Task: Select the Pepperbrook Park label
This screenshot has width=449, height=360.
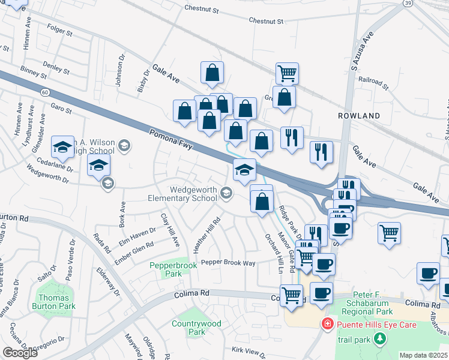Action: tap(165, 269)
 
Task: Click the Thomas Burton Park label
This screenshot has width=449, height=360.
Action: tap(56, 302)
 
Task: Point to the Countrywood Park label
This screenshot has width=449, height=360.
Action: tap(196, 328)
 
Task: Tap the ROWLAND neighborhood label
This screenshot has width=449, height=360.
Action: tap(359, 115)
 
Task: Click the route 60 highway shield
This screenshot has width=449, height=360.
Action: tap(45, 92)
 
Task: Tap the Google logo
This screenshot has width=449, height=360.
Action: tap(20, 353)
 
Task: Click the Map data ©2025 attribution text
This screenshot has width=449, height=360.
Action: tap(423, 355)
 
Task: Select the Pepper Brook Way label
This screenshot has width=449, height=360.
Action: tap(228, 263)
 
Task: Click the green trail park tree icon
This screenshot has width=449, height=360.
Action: tap(379, 340)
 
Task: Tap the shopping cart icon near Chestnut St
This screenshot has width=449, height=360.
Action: tap(287, 73)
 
